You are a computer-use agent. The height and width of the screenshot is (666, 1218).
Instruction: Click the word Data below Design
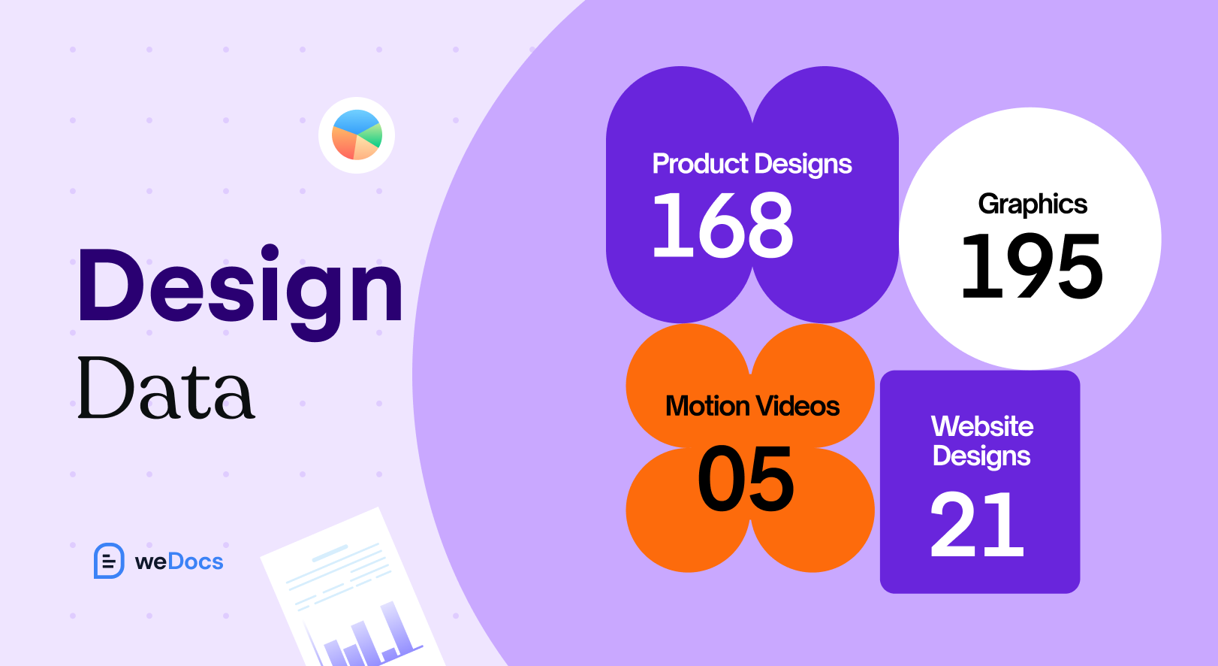click(166, 390)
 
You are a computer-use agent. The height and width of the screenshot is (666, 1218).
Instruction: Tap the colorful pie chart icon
click(357, 135)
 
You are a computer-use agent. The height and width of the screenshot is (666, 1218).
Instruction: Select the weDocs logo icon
click(109, 561)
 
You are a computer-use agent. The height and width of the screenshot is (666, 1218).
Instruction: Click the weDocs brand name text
click(179, 562)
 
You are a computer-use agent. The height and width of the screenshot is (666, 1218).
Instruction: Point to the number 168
click(722, 226)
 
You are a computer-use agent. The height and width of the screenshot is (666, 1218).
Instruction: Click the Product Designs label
click(752, 164)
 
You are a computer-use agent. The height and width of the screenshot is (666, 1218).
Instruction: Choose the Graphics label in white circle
click(1033, 204)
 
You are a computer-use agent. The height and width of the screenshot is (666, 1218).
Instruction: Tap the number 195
click(1032, 266)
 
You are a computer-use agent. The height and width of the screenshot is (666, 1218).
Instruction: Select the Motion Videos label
click(752, 407)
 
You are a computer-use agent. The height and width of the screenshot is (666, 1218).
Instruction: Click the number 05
click(746, 479)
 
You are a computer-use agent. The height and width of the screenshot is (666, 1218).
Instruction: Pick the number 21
click(977, 525)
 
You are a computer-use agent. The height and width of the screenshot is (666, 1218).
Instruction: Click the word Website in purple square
click(982, 426)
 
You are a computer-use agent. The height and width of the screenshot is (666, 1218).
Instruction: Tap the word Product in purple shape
click(700, 164)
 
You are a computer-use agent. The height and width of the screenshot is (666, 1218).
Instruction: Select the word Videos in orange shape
click(797, 407)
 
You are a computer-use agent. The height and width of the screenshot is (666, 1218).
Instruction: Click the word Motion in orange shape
click(707, 407)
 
